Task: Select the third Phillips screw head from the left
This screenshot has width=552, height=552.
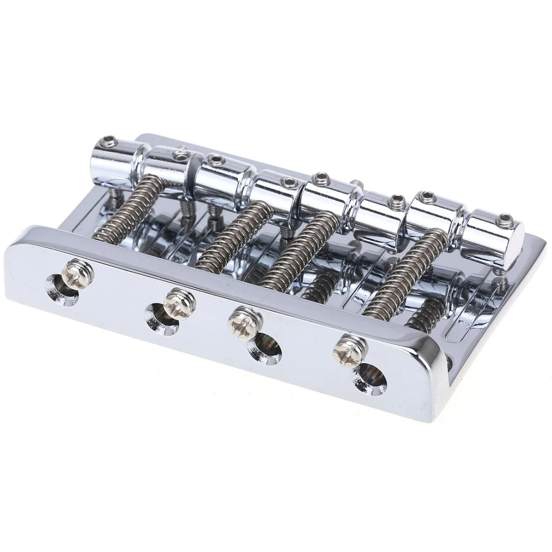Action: pos(244,323)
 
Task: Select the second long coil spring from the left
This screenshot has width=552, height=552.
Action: pos(230,235)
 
